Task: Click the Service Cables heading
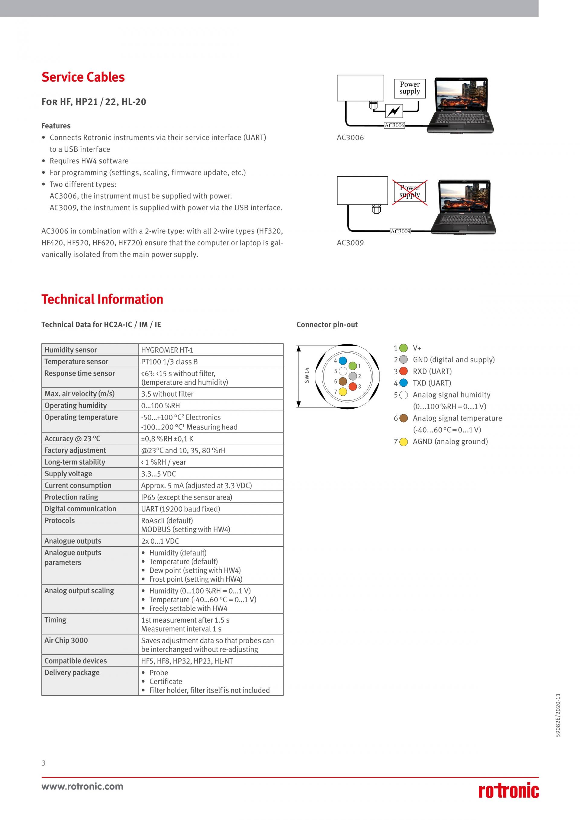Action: pos(83,77)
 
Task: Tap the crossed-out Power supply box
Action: pos(410,192)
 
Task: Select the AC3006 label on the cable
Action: pos(394,125)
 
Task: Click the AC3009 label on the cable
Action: pos(400,231)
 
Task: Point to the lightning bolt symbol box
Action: pos(394,111)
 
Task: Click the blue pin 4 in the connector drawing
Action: pos(343,360)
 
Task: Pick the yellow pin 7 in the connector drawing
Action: pos(343,391)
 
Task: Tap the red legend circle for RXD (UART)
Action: pos(404,371)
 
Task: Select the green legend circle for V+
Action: pos(404,348)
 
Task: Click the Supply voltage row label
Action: pos(68,474)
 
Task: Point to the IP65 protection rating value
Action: pos(186,497)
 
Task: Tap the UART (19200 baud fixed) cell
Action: pos(180,509)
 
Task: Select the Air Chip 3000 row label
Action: pos(66,640)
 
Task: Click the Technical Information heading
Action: pos(102,299)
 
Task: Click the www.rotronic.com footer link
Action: pos(82,786)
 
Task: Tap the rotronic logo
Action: pos(509,791)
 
